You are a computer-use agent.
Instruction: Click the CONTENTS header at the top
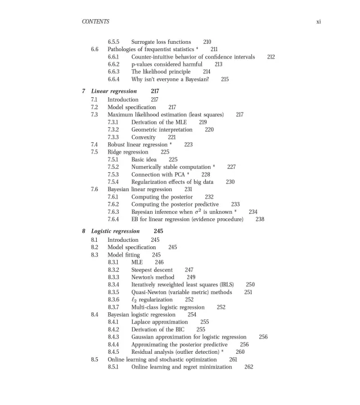coord(95,22)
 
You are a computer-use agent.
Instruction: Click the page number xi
coord(318,22)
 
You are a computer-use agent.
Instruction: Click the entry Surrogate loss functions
coord(160,42)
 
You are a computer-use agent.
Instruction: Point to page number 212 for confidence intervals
coord(271,57)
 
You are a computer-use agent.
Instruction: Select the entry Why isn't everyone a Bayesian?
coord(170,79)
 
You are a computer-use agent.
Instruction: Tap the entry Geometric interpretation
coord(161,129)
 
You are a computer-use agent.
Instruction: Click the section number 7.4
coord(94,145)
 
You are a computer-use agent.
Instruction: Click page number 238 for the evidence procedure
coord(260,219)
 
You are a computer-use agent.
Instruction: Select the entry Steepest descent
coord(152,269)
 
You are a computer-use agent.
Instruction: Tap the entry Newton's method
coord(152,277)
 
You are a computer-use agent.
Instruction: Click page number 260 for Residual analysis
coord(240,352)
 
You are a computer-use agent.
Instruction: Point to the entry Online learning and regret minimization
coord(181,367)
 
